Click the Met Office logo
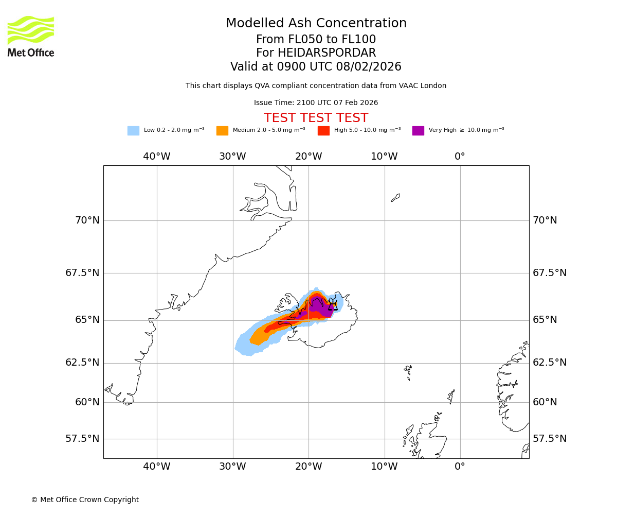pyautogui.click(x=31, y=37)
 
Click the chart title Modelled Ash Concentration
pyautogui.click(x=316, y=24)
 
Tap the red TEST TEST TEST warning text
pyautogui.click(x=316, y=118)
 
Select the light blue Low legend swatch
pyautogui.click(x=133, y=131)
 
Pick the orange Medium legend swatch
pyautogui.click(x=222, y=131)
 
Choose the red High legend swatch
pyautogui.click(x=323, y=131)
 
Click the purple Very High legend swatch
pyautogui.click(x=418, y=131)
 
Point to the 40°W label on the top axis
pyautogui.click(x=157, y=157)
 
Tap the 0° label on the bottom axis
pyautogui.click(x=460, y=467)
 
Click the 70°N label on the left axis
pyautogui.click(x=87, y=220)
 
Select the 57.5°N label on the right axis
pyautogui.click(x=550, y=439)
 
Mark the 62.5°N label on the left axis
pyautogui.click(x=82, y=363)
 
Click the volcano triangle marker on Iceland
pyautogui.click(x=333, y=306)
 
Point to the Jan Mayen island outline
pyautogui.click(x=395, y=198)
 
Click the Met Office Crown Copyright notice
pyautogui.click(x=85, y=500)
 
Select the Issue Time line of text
pyautogui.click(x=316, y=103)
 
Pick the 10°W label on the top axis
pyautogui.click(x=384, y=157)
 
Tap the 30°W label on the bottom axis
pyautogui.click(x=232, y=467)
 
